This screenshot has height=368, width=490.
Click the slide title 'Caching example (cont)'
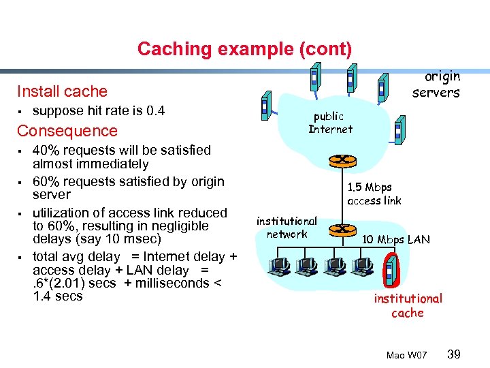pos(244,49)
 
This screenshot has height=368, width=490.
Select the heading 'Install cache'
pos(62,91)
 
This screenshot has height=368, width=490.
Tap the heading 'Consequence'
pos(67,131)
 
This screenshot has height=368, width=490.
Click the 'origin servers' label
pos(436,85)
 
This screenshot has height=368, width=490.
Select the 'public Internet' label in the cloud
pos(330,123)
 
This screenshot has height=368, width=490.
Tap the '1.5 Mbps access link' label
pos(374,194)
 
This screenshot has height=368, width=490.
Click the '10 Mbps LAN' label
pos(395,239)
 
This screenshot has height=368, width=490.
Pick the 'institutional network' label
pos(287,228)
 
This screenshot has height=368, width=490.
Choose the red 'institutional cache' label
pos(408,305)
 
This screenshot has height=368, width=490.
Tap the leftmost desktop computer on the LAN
pos(278,268)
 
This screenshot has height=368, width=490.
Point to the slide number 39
pos(454,354)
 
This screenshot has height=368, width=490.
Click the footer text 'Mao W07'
pos(406,355)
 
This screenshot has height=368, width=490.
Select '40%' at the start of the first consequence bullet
pos(46,151)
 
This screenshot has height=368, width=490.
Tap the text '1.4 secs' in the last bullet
pos(57,296)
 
